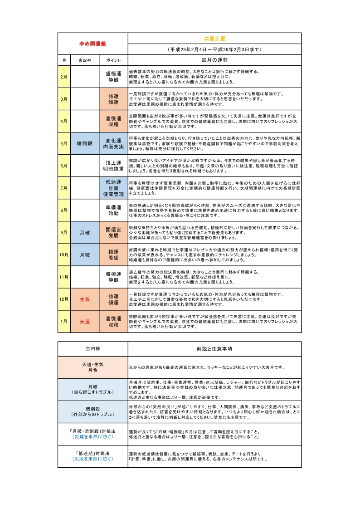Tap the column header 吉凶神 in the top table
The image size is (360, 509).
[x=85, y=60]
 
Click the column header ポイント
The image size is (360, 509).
[x=113, y=60]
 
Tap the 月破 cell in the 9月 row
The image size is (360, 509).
[x=85, y=233]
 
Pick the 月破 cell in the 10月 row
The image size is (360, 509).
[x=85, y=255]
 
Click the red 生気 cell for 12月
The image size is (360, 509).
[x=85, y=299]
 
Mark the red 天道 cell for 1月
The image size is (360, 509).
[x=85, y=322]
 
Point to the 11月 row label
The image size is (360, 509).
[x=64, y=277]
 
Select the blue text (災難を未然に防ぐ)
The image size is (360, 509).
[x=93, y=436]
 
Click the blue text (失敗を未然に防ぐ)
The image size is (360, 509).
[x=93, y=459]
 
